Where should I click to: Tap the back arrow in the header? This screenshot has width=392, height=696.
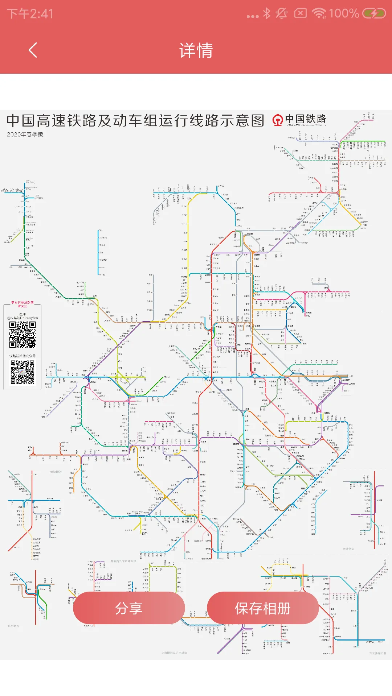point(33,50)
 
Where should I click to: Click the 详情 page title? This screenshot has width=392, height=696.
point(196,50)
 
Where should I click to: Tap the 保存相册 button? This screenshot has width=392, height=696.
point(263,608)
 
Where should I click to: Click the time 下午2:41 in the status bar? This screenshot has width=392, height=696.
point(30,14)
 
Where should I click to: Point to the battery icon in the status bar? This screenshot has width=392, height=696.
point(374,14)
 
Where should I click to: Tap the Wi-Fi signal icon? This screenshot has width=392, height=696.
point(319,13)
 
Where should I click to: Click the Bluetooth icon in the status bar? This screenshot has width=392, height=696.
point(267,13)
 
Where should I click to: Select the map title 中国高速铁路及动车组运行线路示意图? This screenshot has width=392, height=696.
point(135,120)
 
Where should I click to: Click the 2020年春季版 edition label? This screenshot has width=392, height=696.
point(25,134)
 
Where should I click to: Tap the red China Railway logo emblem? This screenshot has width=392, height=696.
point(278,120)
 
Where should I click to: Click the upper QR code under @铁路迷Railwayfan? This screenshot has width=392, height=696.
point(23,335)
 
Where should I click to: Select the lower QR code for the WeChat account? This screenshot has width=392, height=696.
point(23,372)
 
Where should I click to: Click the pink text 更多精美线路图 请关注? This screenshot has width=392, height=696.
point(22,304)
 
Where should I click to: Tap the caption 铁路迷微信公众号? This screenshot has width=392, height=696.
point(23,356)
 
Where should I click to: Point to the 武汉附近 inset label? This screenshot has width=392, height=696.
point(56,472)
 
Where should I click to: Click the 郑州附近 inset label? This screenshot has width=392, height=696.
point(13,626)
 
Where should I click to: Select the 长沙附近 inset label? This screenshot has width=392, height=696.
point(348,549)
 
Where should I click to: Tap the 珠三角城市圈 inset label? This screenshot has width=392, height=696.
point(378,653)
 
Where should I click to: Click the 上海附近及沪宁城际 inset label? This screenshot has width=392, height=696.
point(174,653)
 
